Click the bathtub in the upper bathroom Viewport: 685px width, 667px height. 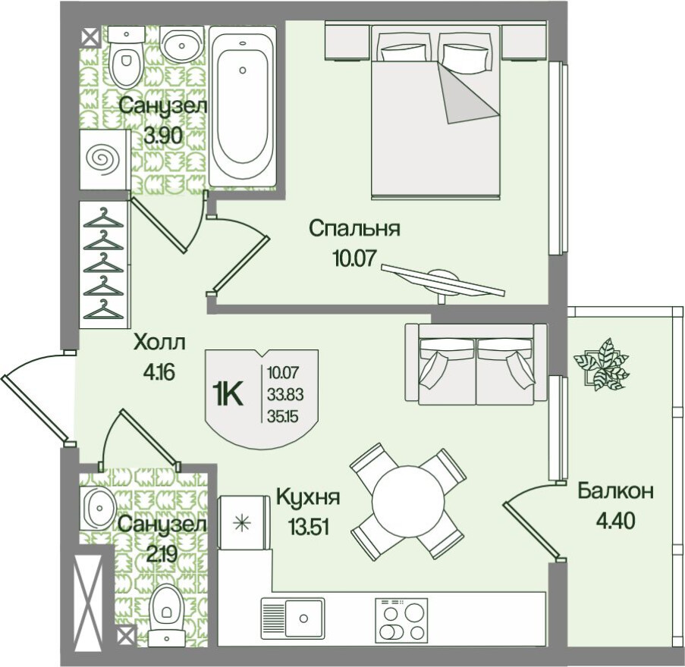click(243, 106)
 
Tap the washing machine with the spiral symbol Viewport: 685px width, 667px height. click(105, 159)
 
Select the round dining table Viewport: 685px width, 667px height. click(407, 501)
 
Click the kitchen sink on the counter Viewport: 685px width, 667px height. click(293, 618)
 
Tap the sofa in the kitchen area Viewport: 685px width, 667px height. click(476, 364)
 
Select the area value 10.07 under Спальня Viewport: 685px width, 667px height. click(353, 259)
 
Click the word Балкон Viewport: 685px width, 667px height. click(615, 491)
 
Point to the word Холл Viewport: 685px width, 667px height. click(159, 343)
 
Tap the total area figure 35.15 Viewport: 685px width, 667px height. click(283, 417)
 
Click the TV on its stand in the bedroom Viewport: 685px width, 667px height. click(443, 280)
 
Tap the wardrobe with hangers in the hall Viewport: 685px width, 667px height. click(105, 264)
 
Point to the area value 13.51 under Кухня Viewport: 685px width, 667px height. click(309, 527)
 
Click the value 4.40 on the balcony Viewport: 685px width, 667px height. click(615, 521)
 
